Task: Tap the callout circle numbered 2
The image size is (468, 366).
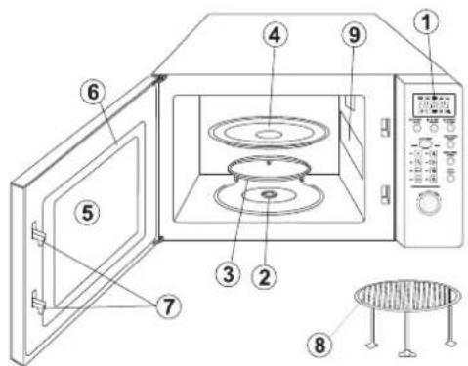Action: click(x=264, y=276)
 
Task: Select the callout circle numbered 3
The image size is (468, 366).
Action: click(x=229, y=274)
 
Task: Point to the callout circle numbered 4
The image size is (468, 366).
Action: click(x=276, y=35)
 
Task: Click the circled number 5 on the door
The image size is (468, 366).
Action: click(x=87, y=213)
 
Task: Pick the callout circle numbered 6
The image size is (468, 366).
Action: click(x=93, y=92)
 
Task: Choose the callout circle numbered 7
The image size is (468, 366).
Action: click(x=168, y=306)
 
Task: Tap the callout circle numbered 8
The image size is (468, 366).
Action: click(x=319, y=345)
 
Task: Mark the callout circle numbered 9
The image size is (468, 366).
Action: click(x=355, y=34)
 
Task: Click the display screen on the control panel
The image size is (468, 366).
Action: click(x=434, y=105)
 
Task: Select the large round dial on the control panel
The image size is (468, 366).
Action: click(x=428, y=202)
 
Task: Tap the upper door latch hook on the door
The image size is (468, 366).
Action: click(x=38, y=233)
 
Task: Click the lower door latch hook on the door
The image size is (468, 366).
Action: click(x=38, y=303)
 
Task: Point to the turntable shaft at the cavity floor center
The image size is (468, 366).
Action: click(x=268, y=194)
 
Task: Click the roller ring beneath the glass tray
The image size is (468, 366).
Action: click(x=269, y=167)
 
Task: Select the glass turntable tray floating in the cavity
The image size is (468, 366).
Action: click(x=269, y=132)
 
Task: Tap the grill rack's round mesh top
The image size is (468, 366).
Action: click(x=407, y=295)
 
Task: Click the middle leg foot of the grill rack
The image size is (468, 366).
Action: click(x=405, y=352)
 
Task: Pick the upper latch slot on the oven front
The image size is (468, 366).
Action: click(x=386, y=127)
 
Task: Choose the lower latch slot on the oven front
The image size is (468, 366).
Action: click(x=386, y=194)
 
